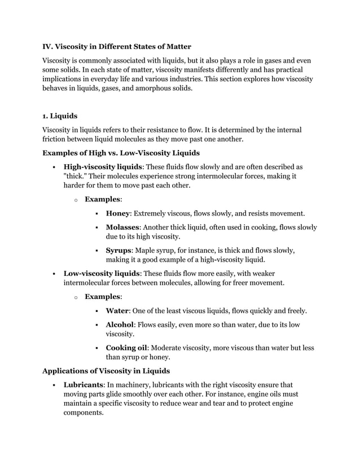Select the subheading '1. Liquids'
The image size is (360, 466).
pos(60,116)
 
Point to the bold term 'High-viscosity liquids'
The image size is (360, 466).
pos(103,167)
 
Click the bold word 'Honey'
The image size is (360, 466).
pos(118,213)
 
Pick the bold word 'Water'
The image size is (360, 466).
pos(117,310)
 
